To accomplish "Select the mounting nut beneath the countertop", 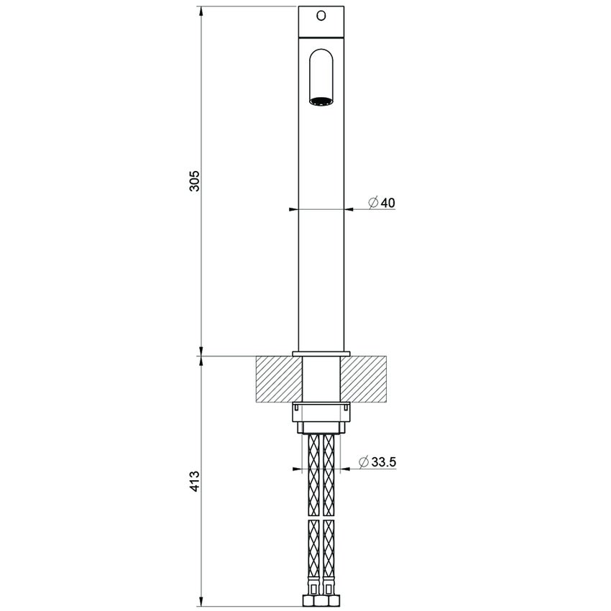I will point(321,416).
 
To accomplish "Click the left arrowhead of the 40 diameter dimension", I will point(293,210).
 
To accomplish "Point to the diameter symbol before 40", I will point(373,203).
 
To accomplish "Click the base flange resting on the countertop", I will point(321,353).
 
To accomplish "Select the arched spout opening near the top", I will point(321,75).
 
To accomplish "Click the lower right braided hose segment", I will point(329,553).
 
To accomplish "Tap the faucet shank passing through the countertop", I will point(321,379).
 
